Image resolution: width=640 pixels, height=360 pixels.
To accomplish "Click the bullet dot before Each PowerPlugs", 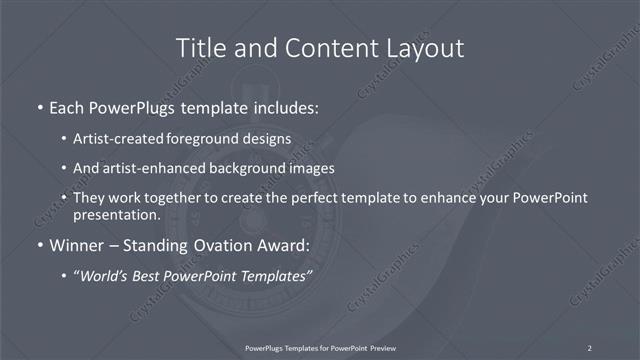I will pyautogui.click(x=39, y=106).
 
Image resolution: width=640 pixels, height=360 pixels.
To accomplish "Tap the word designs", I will pyautogui.click(x=268, y=138).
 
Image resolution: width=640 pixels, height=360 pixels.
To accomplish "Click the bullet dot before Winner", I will pyautogui.click(x=39, y=245).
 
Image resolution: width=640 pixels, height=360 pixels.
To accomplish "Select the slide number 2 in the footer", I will pyautogui.click(x=589, y=348).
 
